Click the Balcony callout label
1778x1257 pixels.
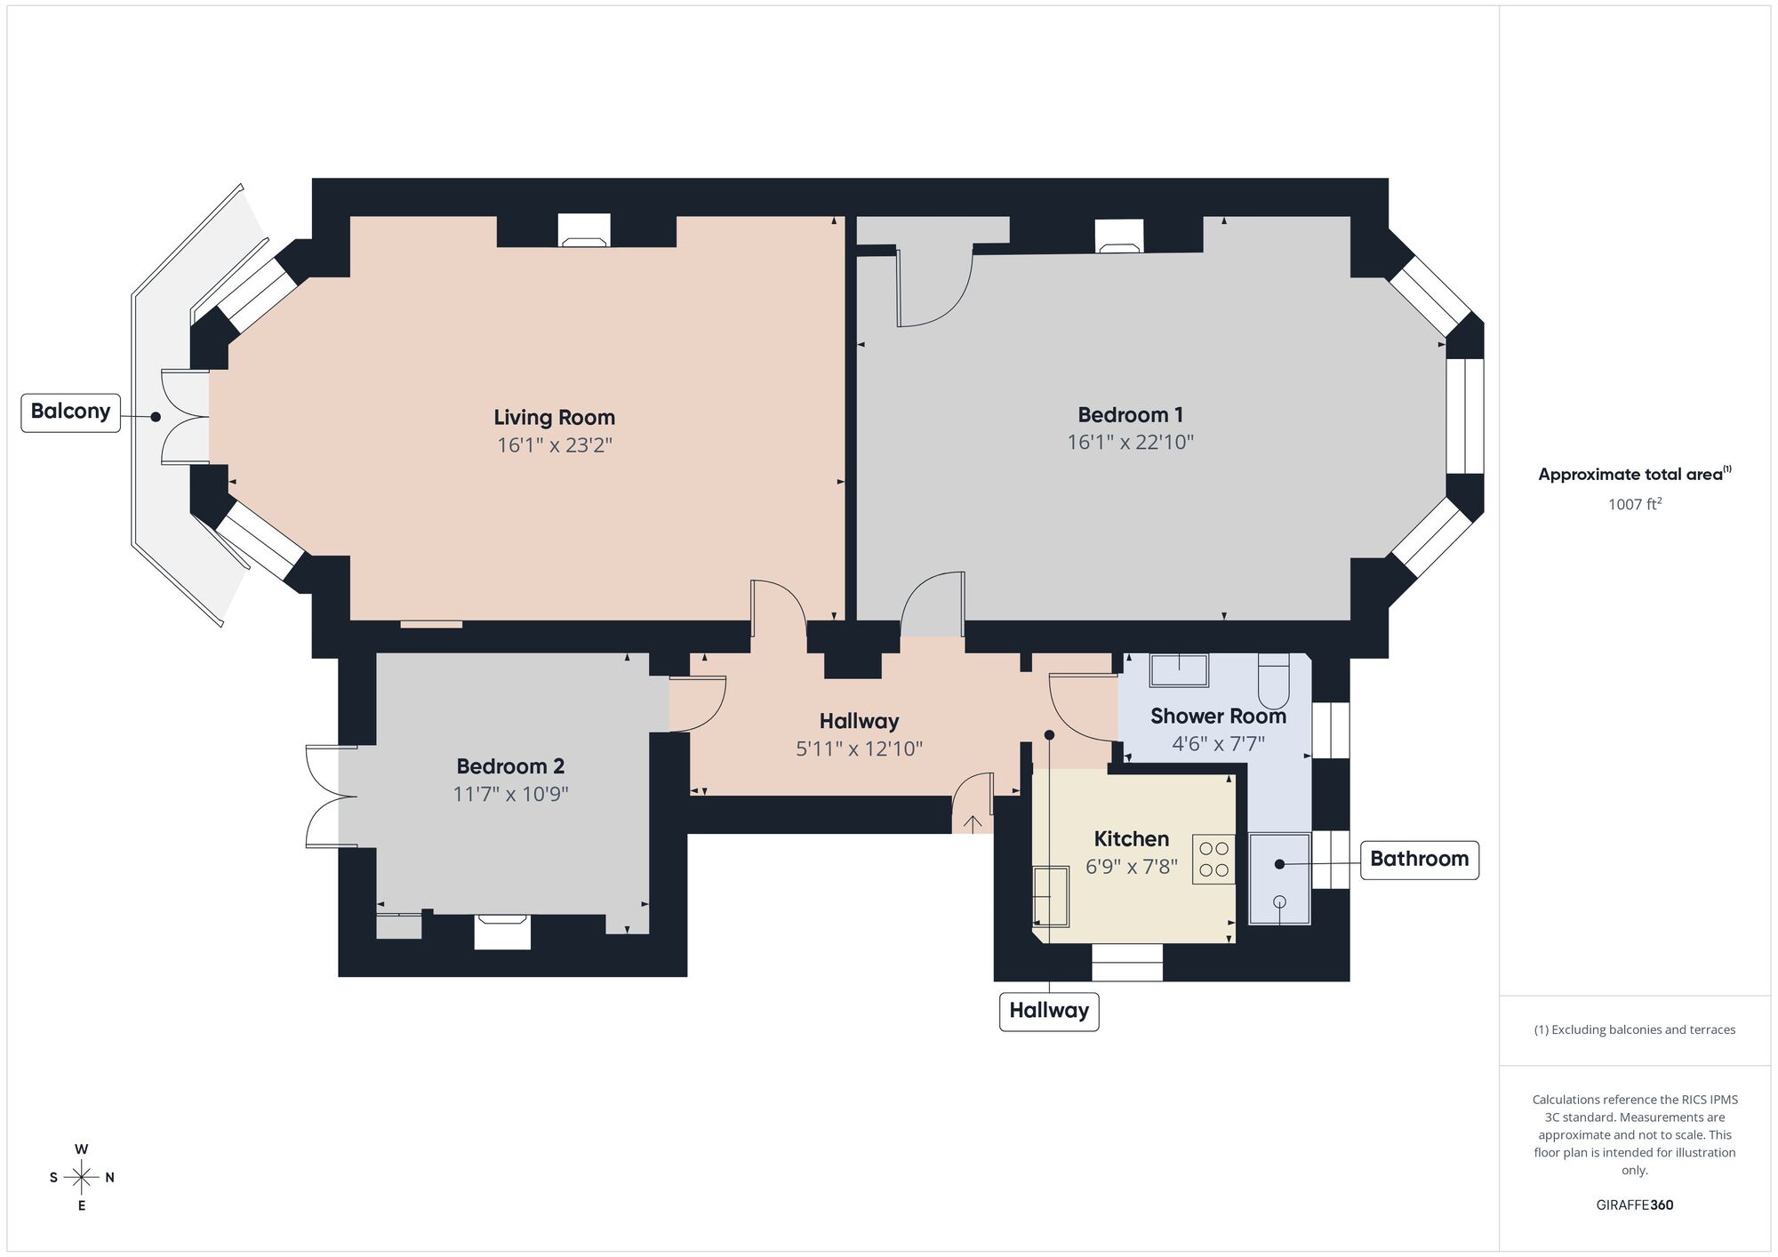70,412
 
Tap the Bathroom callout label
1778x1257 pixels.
1419,860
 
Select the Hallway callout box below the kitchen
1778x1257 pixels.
1049,1012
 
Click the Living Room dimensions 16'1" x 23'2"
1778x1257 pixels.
555,444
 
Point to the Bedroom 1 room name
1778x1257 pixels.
1130,415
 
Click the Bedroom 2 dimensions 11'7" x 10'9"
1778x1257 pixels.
510,794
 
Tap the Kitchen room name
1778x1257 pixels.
1131,839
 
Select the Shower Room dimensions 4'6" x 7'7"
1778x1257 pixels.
1218,744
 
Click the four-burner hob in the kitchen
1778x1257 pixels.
1213,859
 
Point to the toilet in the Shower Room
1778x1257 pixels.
1273,680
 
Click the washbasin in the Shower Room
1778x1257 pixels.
1179,670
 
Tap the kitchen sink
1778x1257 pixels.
1051,895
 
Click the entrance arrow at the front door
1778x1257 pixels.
973,823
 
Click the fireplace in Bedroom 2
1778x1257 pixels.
502,932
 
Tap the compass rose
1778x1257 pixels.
81,1178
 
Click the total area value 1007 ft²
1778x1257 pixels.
1634,505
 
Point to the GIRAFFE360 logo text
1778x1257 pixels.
1634,1205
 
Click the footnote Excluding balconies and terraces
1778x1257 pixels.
1634,1030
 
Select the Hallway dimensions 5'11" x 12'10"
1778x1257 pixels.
859,749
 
